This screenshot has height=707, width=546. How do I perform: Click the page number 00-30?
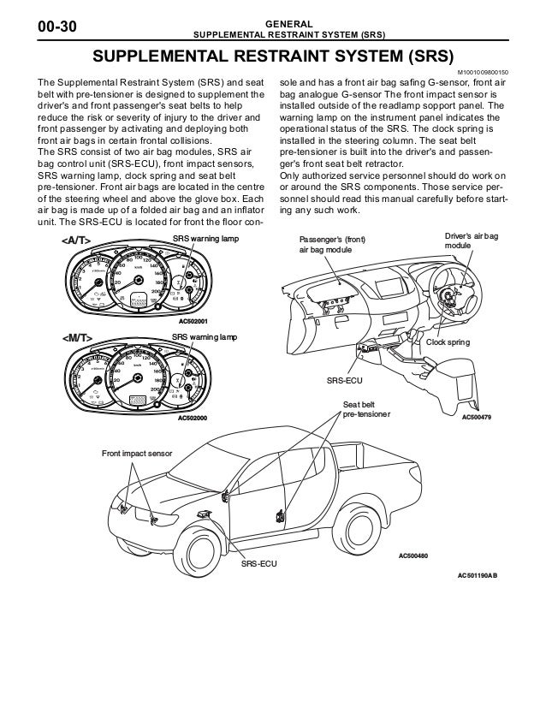(x=54, y=27)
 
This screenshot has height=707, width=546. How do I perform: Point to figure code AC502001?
(x=196, y=321)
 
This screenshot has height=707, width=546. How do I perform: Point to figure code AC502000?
(x=196, y=419)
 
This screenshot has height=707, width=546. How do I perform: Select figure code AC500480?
(x=413, y=557)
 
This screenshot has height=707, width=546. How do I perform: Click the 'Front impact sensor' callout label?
(x=138, y=452)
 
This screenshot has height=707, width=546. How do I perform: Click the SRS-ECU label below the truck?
(x=258, y=566)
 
